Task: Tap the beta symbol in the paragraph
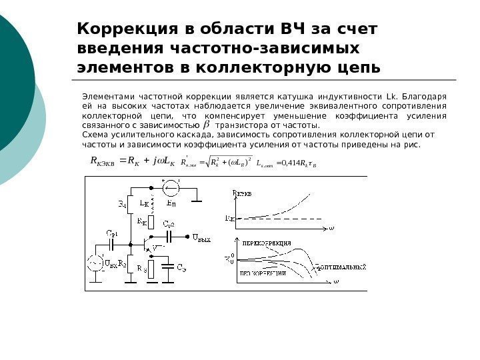click(x=205, y=125)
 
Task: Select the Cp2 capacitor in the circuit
click(x=171, y=237)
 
